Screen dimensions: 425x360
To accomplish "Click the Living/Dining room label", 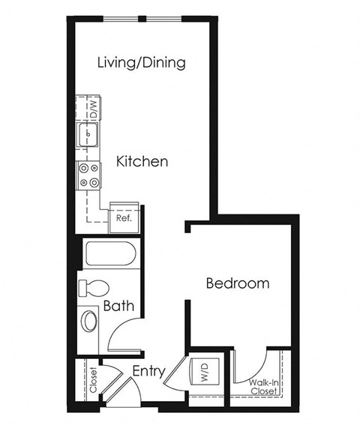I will coord(142,62).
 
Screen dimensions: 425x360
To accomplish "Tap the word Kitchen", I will coord(142,161).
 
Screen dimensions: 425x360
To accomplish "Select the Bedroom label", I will coord(237,283).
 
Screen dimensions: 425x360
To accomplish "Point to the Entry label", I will coord(148,371).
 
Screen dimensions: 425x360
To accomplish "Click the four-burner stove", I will coord(89,175).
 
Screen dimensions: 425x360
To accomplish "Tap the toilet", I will coord(94,288).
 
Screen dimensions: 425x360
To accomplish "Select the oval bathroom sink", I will coord(89,321).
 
